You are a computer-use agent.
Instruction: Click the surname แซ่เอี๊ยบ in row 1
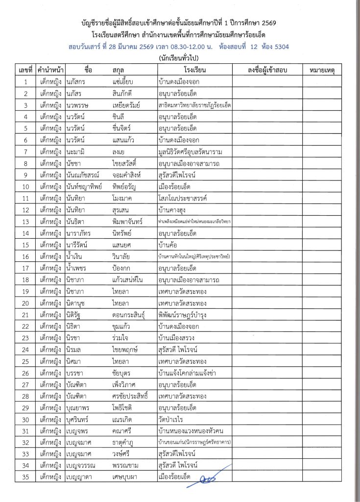[x=125, y=81]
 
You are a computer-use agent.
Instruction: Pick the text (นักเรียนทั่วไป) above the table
[x=180, y=58]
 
